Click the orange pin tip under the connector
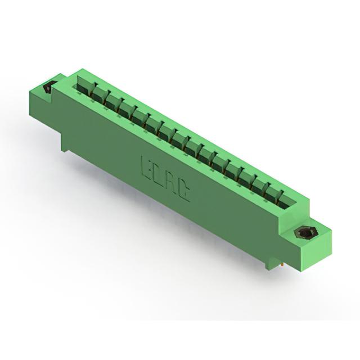282,265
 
